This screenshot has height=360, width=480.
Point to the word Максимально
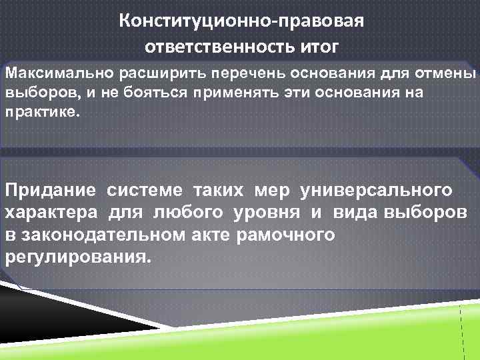point(47,72)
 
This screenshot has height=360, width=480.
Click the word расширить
point(128,72)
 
